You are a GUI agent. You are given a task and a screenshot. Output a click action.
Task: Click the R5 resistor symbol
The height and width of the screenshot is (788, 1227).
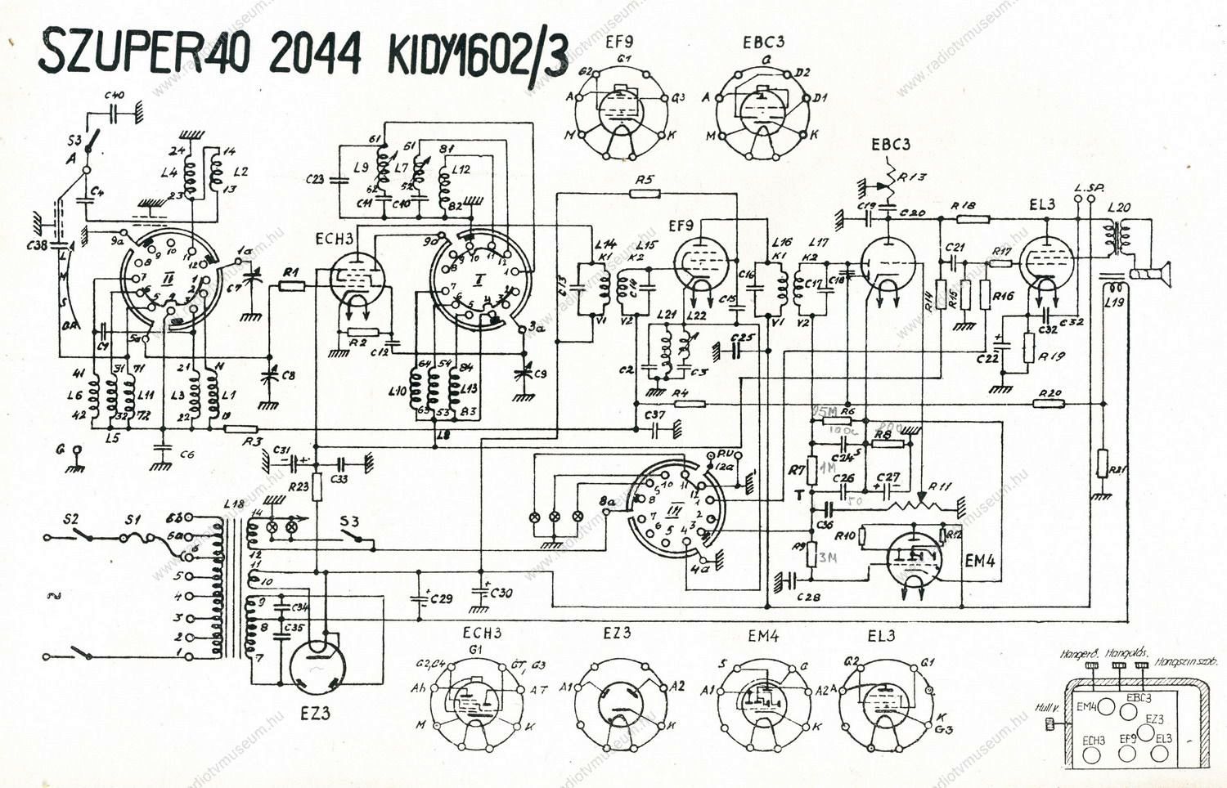[x=645, y=194]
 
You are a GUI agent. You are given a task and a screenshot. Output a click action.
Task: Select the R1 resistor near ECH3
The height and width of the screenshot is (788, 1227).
[x=291, y=285]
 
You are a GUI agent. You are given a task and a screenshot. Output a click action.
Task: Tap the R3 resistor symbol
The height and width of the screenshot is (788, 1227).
[x=240, y=428]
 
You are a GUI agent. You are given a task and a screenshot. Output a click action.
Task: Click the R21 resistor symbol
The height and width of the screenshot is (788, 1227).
[x=1102, y=463]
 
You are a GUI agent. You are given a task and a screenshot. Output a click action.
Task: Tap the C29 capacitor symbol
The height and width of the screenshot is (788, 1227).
[x=422, y=598]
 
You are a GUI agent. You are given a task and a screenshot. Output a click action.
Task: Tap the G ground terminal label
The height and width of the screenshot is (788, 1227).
[x=61, y=450]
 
